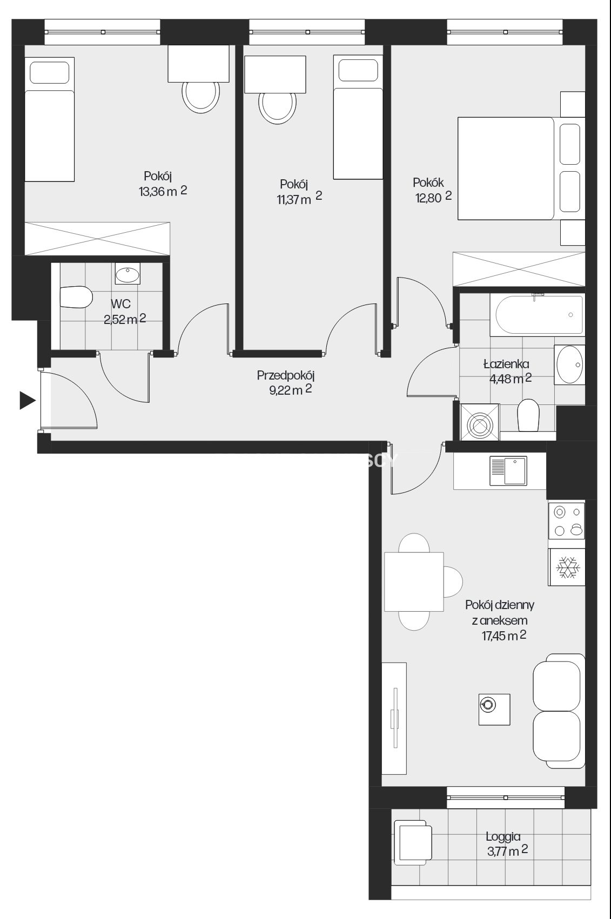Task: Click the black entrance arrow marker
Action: [28, 401]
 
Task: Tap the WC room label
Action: [120, 304]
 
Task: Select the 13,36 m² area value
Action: [163, 191]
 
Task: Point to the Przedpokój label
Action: [286, 375]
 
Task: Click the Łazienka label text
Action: [506, 364]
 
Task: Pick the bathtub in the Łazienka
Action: [539, 315]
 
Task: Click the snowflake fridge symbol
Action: [567, 567]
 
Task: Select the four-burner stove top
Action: [567, 521]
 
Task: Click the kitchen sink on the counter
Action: [508, 471]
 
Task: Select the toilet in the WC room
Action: [76, 298]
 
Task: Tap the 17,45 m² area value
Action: [504, 636]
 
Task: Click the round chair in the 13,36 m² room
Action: [200, 96]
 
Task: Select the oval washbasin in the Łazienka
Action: [569, 364]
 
